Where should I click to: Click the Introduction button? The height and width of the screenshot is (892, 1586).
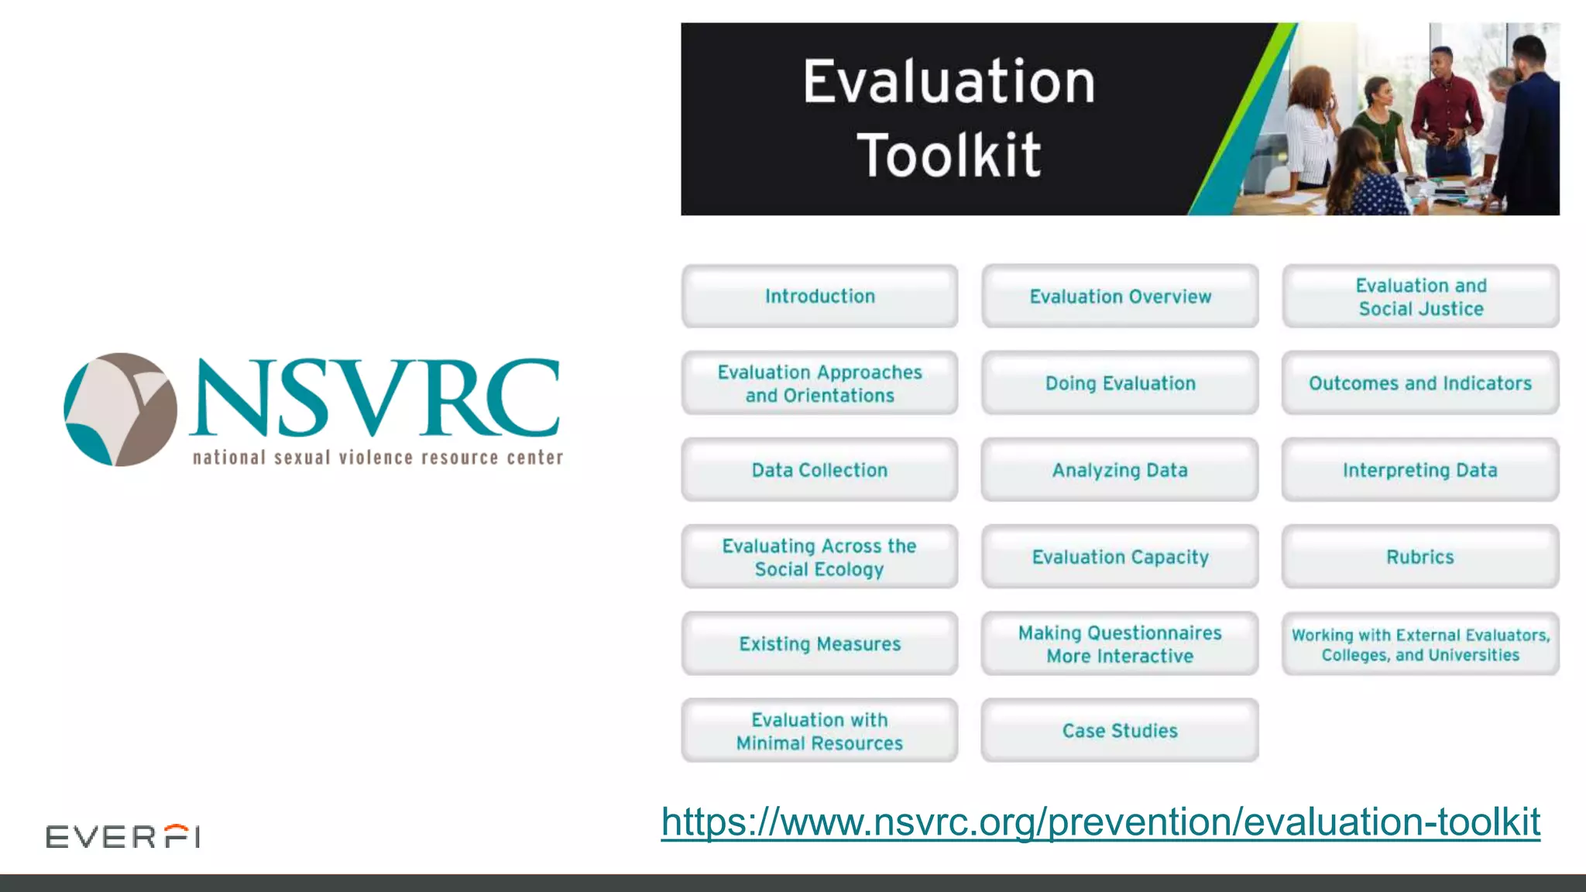tap(819, 297)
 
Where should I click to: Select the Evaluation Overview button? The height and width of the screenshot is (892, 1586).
tap(1120, 297)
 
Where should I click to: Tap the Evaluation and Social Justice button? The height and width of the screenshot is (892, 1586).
tap(1420, 297)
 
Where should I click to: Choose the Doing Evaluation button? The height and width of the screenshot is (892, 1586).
tap(1120, 383)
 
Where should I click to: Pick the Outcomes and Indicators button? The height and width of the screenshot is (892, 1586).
tap(1420, 383)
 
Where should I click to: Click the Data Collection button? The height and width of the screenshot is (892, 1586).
tap(819, 470)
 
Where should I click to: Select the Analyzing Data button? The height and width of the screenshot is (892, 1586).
tap(1120, 470)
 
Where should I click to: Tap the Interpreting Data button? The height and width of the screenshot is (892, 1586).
tap(1420, 470)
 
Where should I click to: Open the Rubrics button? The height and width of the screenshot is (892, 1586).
tap(1420, 557)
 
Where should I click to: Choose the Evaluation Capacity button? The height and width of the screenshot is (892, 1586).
tap(1120, 557)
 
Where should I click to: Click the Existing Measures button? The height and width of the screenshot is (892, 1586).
tap(819, 643)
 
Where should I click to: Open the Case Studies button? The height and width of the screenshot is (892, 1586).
tap(1120, 730)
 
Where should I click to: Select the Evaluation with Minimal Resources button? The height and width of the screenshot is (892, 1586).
tap(819, 730)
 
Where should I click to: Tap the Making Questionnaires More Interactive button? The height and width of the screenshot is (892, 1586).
tap(1120, 643)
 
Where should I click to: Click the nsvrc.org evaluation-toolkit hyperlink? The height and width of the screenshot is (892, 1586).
tap(1100, 822)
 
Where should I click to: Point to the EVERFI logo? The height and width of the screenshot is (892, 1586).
tap(123, 836)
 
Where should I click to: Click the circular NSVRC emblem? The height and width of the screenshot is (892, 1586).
tap(120, 410)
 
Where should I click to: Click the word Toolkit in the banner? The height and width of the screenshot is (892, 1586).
tap(949, 155)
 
